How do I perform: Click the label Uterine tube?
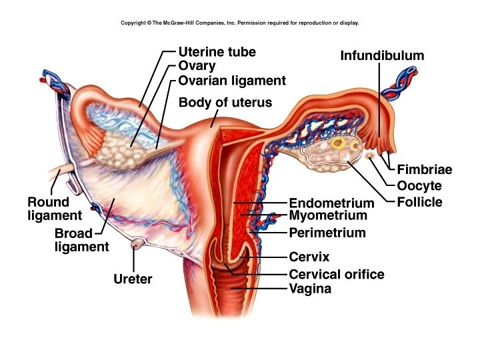[217, 52]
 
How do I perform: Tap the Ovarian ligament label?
[232, 81]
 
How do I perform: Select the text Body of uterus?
[225, 103]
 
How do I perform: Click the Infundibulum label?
[382, 56]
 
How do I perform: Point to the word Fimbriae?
[425, 170]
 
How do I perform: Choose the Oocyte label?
[419, 186]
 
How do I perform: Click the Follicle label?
[419, 202]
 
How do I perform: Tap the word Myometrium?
[328, 216]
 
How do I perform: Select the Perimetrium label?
[327, 233]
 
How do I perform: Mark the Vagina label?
[310, 289]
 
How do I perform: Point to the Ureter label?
[133, 279]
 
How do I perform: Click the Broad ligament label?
[81, 241]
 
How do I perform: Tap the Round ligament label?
[55, 209]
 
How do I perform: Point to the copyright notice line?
[240, 23]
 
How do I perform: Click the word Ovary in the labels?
[197, 66]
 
